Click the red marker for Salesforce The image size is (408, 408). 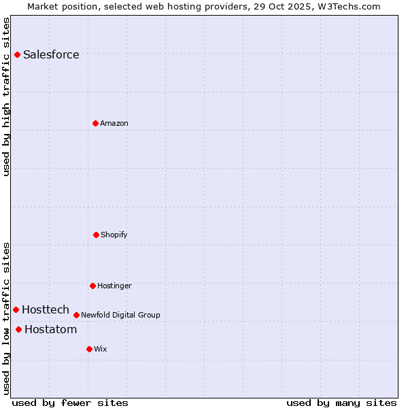pyautogui.click(x=17, y=54)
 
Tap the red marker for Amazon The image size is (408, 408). pyautogui.click(x=95, y=123)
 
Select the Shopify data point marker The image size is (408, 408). pyautogui.click(x=96, y=235)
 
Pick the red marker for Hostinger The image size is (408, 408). pyautogui.click(x=92, y=286)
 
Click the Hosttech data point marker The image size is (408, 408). pyautogui.click(x=16, y=309)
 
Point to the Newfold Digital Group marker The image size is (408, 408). pyautogui.click(x=76, y=315)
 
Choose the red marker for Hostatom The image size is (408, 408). pyautogui.click(x=18, y=330)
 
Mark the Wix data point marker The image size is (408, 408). pyautogui.click(x=89, y=349)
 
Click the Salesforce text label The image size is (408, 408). pyautogui.click(x=51, y=54)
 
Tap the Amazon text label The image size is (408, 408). pyautogui.click(x=114, y=123)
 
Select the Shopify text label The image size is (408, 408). pyautogui.click(x=114, y=235)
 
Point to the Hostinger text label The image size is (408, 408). pyautogui.click(x=114, y=286)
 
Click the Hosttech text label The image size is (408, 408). pyautogui.click(x=46, y=309)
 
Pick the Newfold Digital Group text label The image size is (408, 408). pyautogui.click(x=120, y=315)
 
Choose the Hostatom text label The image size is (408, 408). pyautogui.click(x=50, y=330)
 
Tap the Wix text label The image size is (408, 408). pyautogui.click(x=101, y=349)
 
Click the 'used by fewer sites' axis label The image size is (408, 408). pyautogui.click(x=70, y=403)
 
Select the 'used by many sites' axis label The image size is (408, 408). pyautogui.click(x=341, y=403)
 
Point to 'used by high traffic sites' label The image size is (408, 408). pyautogui.click(x=6, y=97)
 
